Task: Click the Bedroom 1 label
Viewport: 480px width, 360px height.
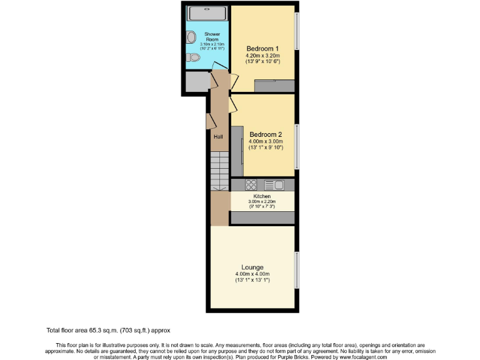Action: coord(262,48)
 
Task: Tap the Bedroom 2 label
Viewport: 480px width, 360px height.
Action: coord(266,134)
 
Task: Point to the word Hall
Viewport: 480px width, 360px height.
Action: coord(218,137)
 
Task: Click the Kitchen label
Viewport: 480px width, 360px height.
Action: coord(262,196)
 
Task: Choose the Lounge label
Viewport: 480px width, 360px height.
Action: coord(252,267)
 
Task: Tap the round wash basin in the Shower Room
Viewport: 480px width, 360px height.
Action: coord(191,37)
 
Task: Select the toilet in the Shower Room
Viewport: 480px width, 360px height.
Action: coord(192,57)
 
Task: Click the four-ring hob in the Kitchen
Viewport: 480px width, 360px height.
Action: coord(251,184)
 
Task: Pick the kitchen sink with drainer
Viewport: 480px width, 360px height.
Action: coord(274,184)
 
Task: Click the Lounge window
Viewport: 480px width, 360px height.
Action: coord(297,270)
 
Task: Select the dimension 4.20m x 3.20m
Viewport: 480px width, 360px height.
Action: coord(262,55)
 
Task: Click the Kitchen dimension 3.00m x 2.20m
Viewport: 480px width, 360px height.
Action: coord(262,202)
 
